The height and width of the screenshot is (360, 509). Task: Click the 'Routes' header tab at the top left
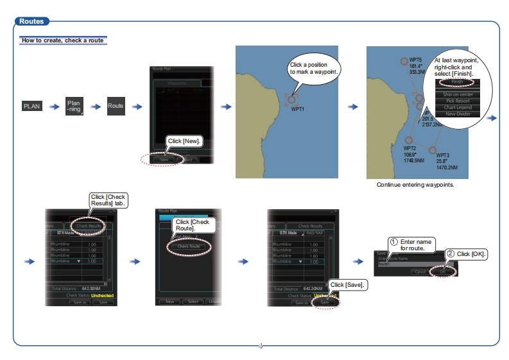pos(31,21)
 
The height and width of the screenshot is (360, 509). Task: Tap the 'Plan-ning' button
pos(74,106)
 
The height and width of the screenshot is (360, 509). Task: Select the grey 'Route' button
pos(116,106)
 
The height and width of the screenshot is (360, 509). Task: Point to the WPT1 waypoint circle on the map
pos(292,99)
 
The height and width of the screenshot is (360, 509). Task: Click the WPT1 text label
pos(298,109)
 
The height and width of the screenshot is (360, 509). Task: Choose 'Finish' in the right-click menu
pos(457,82)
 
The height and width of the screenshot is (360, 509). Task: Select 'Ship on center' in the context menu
pos(457,94)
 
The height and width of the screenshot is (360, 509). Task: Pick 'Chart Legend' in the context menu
pos(457,107)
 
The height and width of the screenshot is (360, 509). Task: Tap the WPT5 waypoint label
pos(415,59)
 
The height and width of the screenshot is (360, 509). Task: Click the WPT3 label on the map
pos(443,155)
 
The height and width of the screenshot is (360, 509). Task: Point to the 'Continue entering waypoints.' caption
pos(415,185)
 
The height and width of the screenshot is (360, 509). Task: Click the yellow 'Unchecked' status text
pos(102,295)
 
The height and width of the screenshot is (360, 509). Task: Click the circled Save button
pos(324,302)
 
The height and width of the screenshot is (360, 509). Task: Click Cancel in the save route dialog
pos(420,271)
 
